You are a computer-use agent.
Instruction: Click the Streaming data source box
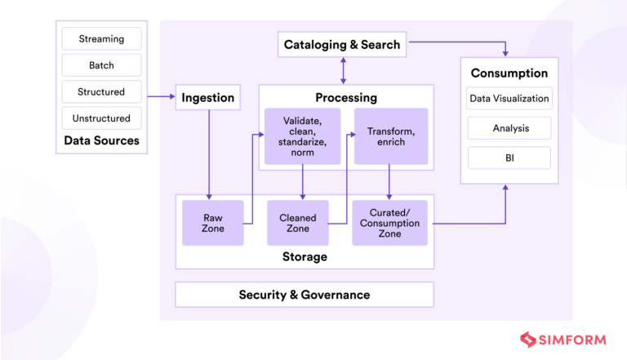(x=102, y=38)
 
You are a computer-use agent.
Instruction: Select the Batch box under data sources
(x=102, y=65)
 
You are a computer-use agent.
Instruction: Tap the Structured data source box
(x=102, y=92)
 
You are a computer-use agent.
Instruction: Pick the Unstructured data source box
(x=102, y=118)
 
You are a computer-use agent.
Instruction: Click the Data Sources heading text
(x=102, y=141)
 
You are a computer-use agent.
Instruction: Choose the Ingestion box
(x=208, y=98)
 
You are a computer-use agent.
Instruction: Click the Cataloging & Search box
(x=342, y=45)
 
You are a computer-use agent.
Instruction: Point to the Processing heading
(x=346, y=98)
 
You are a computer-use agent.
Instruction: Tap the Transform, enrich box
(x=391, y=136)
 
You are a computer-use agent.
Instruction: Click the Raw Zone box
(x=213, y=223)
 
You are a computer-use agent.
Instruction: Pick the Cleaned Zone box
(x=298, y=223)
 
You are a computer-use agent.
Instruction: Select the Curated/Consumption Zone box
(x=389, y=223)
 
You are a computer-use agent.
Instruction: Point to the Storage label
(x=305, y=257)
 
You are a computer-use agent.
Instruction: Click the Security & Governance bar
(x=305, y=295)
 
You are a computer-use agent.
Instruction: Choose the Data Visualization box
(x=509, y=100)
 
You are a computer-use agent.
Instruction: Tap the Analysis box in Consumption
(x=509, y=128)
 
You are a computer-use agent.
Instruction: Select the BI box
(x=509, y=157)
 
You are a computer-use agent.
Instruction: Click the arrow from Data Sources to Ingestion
(x=162, y=97)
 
